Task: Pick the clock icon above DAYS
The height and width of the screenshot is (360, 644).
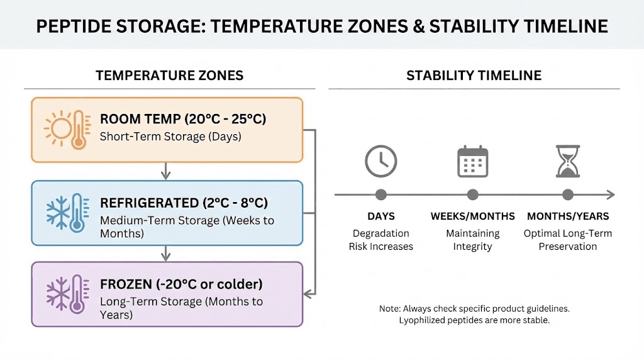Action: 380,161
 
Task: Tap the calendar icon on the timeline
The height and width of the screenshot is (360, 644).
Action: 472,161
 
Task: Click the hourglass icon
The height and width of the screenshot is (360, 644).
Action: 567,161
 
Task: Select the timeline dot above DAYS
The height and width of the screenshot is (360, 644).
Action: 380,194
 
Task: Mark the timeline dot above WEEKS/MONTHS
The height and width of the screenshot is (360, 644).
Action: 472,194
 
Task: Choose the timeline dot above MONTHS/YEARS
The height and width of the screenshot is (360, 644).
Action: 567,194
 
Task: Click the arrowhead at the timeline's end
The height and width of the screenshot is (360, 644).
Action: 611,194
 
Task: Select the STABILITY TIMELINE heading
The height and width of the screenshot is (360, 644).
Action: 474,76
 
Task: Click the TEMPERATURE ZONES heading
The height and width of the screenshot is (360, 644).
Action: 169,76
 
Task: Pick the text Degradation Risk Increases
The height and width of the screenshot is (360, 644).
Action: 380,240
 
